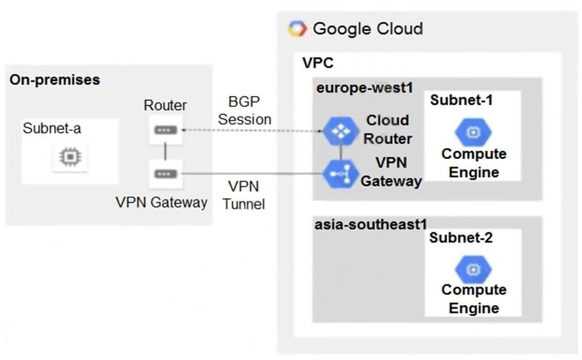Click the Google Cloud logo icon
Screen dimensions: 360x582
(298, 29)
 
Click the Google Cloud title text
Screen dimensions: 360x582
(367, 29)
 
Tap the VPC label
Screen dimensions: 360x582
(317, 63)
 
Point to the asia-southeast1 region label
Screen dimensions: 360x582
(371, 224)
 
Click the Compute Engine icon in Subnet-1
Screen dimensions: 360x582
(473, 132)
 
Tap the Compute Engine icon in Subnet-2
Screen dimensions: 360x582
(473, 269)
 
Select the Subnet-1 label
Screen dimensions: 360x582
(461, 100)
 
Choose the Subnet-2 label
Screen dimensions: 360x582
(461, 238)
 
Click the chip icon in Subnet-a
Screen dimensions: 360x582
(69, 158)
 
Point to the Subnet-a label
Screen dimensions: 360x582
(51, 128)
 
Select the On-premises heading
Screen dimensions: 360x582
(55, 80)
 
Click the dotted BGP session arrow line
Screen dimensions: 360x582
(254, 130)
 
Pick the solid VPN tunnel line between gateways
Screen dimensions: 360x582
(254, 174)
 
